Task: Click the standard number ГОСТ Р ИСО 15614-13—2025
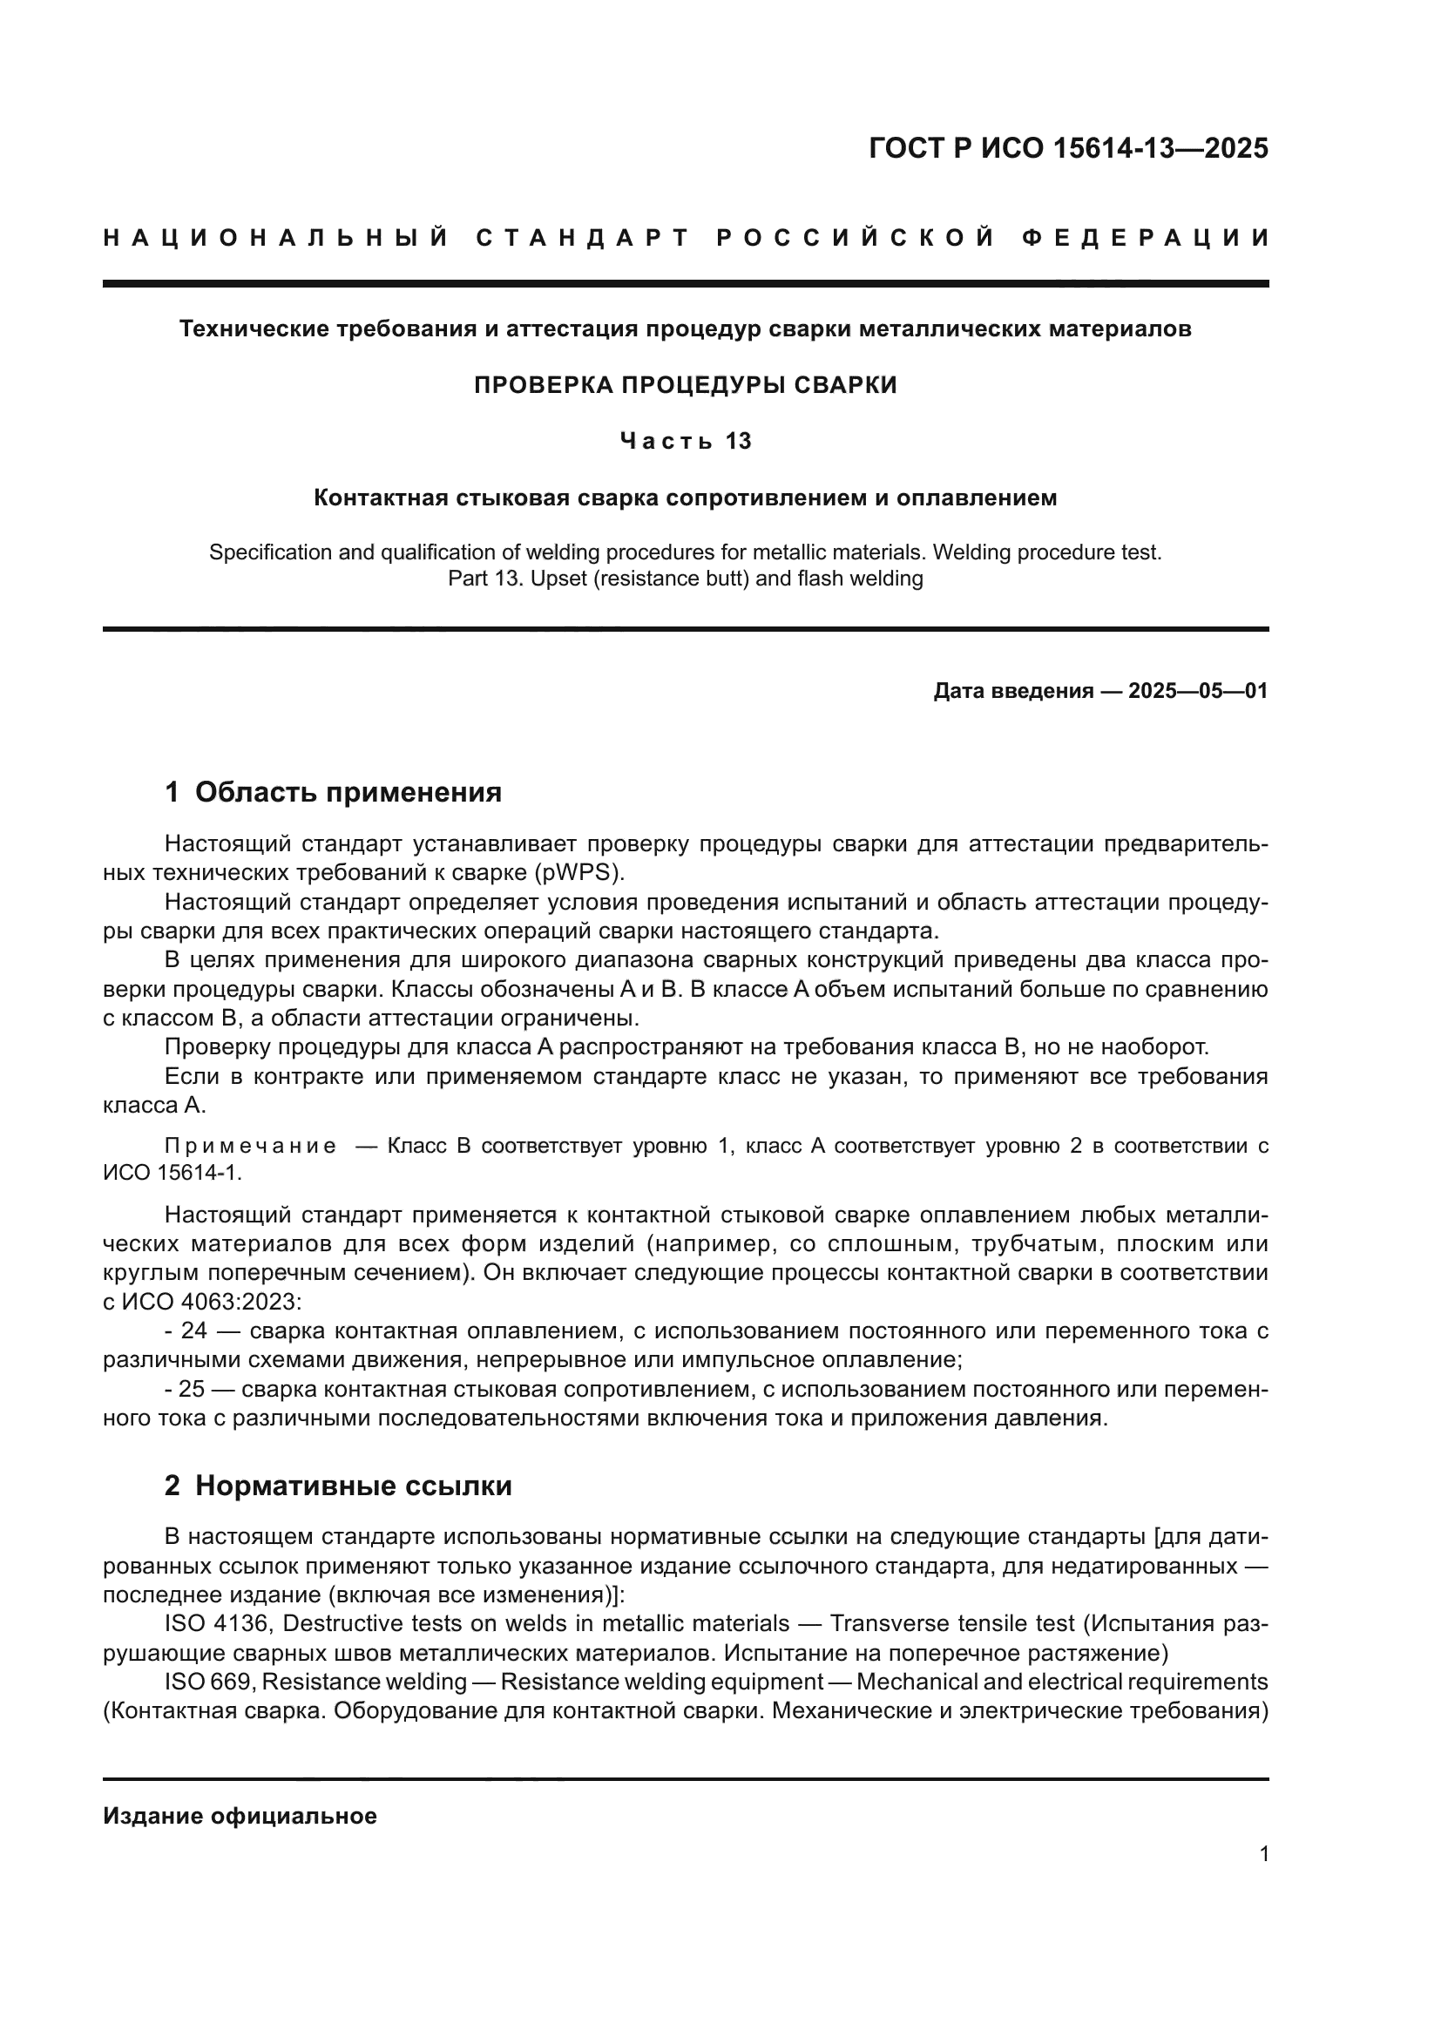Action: [x=1068, y=148]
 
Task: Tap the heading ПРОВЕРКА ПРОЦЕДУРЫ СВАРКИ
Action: [x=685, y=385]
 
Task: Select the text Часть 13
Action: [x=685, y=441]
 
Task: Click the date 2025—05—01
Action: [x=1198, y=692]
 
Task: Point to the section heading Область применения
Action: [x=348, y=793]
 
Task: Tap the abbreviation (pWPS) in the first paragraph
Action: [x=578, y=872]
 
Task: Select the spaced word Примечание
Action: [x=250, y=1146]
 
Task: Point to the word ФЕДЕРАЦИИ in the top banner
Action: [x=1146, y=238]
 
